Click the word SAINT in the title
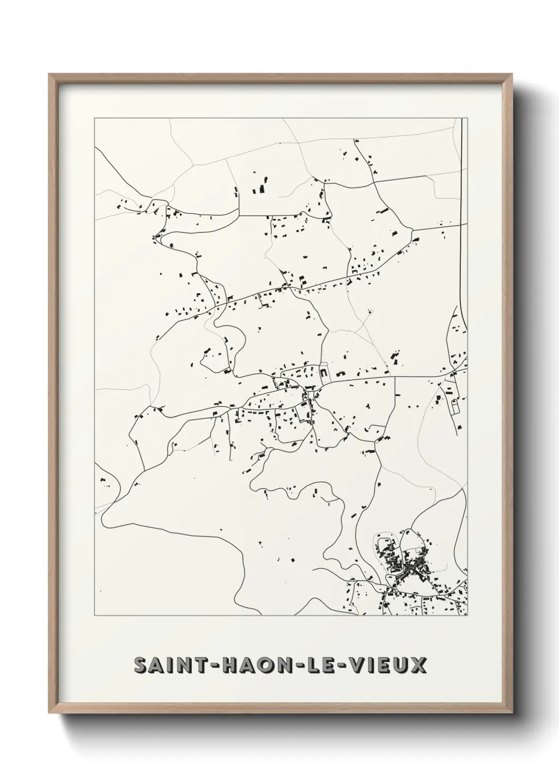[165, 665]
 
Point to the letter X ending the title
[418, 665]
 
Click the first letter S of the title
[139, 665]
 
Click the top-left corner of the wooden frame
[49, 74]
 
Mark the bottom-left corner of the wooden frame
[49, 714]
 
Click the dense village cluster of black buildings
[407, 565]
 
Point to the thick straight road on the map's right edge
[462, 211]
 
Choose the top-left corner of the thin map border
[95, 118]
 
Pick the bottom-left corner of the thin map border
[95, 616]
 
